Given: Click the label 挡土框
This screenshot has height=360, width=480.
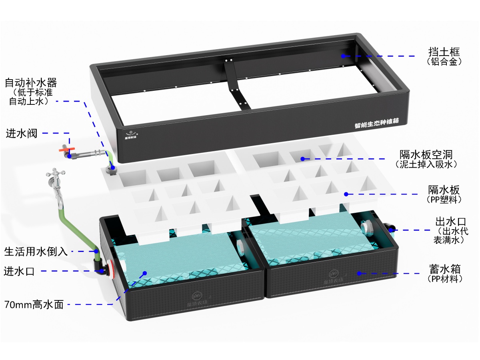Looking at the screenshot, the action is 444,52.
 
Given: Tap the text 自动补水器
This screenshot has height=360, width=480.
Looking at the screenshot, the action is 31,83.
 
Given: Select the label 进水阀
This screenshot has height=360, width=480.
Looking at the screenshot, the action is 22,133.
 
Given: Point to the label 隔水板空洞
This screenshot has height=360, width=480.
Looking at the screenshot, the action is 426,154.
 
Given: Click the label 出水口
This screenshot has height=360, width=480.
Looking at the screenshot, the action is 450,222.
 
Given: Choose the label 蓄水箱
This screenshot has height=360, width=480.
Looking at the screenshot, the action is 445,269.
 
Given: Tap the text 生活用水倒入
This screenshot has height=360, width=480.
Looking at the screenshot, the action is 36,251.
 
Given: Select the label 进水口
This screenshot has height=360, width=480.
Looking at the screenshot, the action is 19,271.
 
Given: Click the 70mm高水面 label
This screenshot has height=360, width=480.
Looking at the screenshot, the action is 34,304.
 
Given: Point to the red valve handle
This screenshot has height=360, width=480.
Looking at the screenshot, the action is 67,150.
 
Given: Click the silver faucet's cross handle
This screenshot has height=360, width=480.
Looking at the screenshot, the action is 56,173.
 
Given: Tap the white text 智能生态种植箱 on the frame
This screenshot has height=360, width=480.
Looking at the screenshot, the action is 376,123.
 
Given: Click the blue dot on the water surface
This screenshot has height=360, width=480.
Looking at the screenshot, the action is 144,273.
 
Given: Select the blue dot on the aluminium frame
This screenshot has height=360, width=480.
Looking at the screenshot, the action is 343,56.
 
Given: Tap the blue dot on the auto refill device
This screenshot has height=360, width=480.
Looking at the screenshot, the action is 113,168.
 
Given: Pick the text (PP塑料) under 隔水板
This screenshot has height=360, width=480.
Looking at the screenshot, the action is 444,199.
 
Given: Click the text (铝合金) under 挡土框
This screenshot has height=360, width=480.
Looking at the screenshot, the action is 444,62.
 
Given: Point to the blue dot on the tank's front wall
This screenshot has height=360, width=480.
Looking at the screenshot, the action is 359,273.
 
